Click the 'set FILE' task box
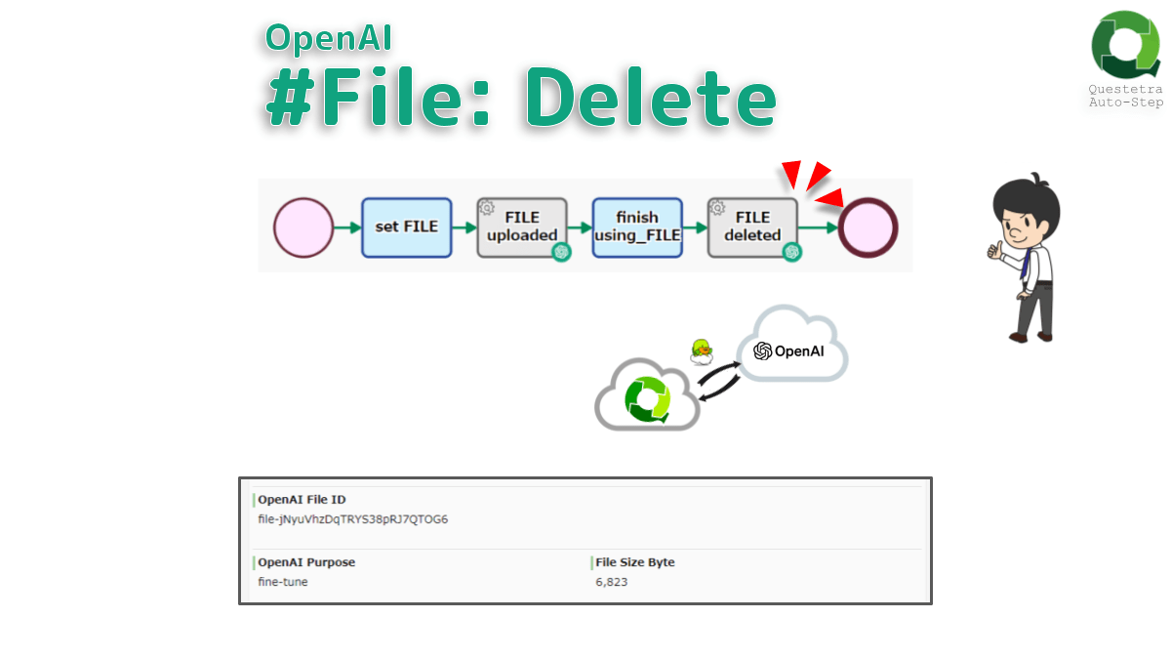(x=406, y=227)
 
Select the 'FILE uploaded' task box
(x=521, y=227)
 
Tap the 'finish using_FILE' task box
(x=636, y=227)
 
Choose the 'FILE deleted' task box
(x=751, y=227)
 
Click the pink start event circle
(x=303, y=227)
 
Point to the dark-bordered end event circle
(x=868, y=227)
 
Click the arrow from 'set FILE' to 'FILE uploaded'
(x=464, y=227)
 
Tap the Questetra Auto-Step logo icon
(x=1125, y=45)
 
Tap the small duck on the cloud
(x=701, y=351)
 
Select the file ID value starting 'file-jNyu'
(x=352, y=519)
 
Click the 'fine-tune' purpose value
(x=283, y=582)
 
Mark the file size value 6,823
(x=611, y=582)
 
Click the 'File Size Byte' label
(x=634, y=562)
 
